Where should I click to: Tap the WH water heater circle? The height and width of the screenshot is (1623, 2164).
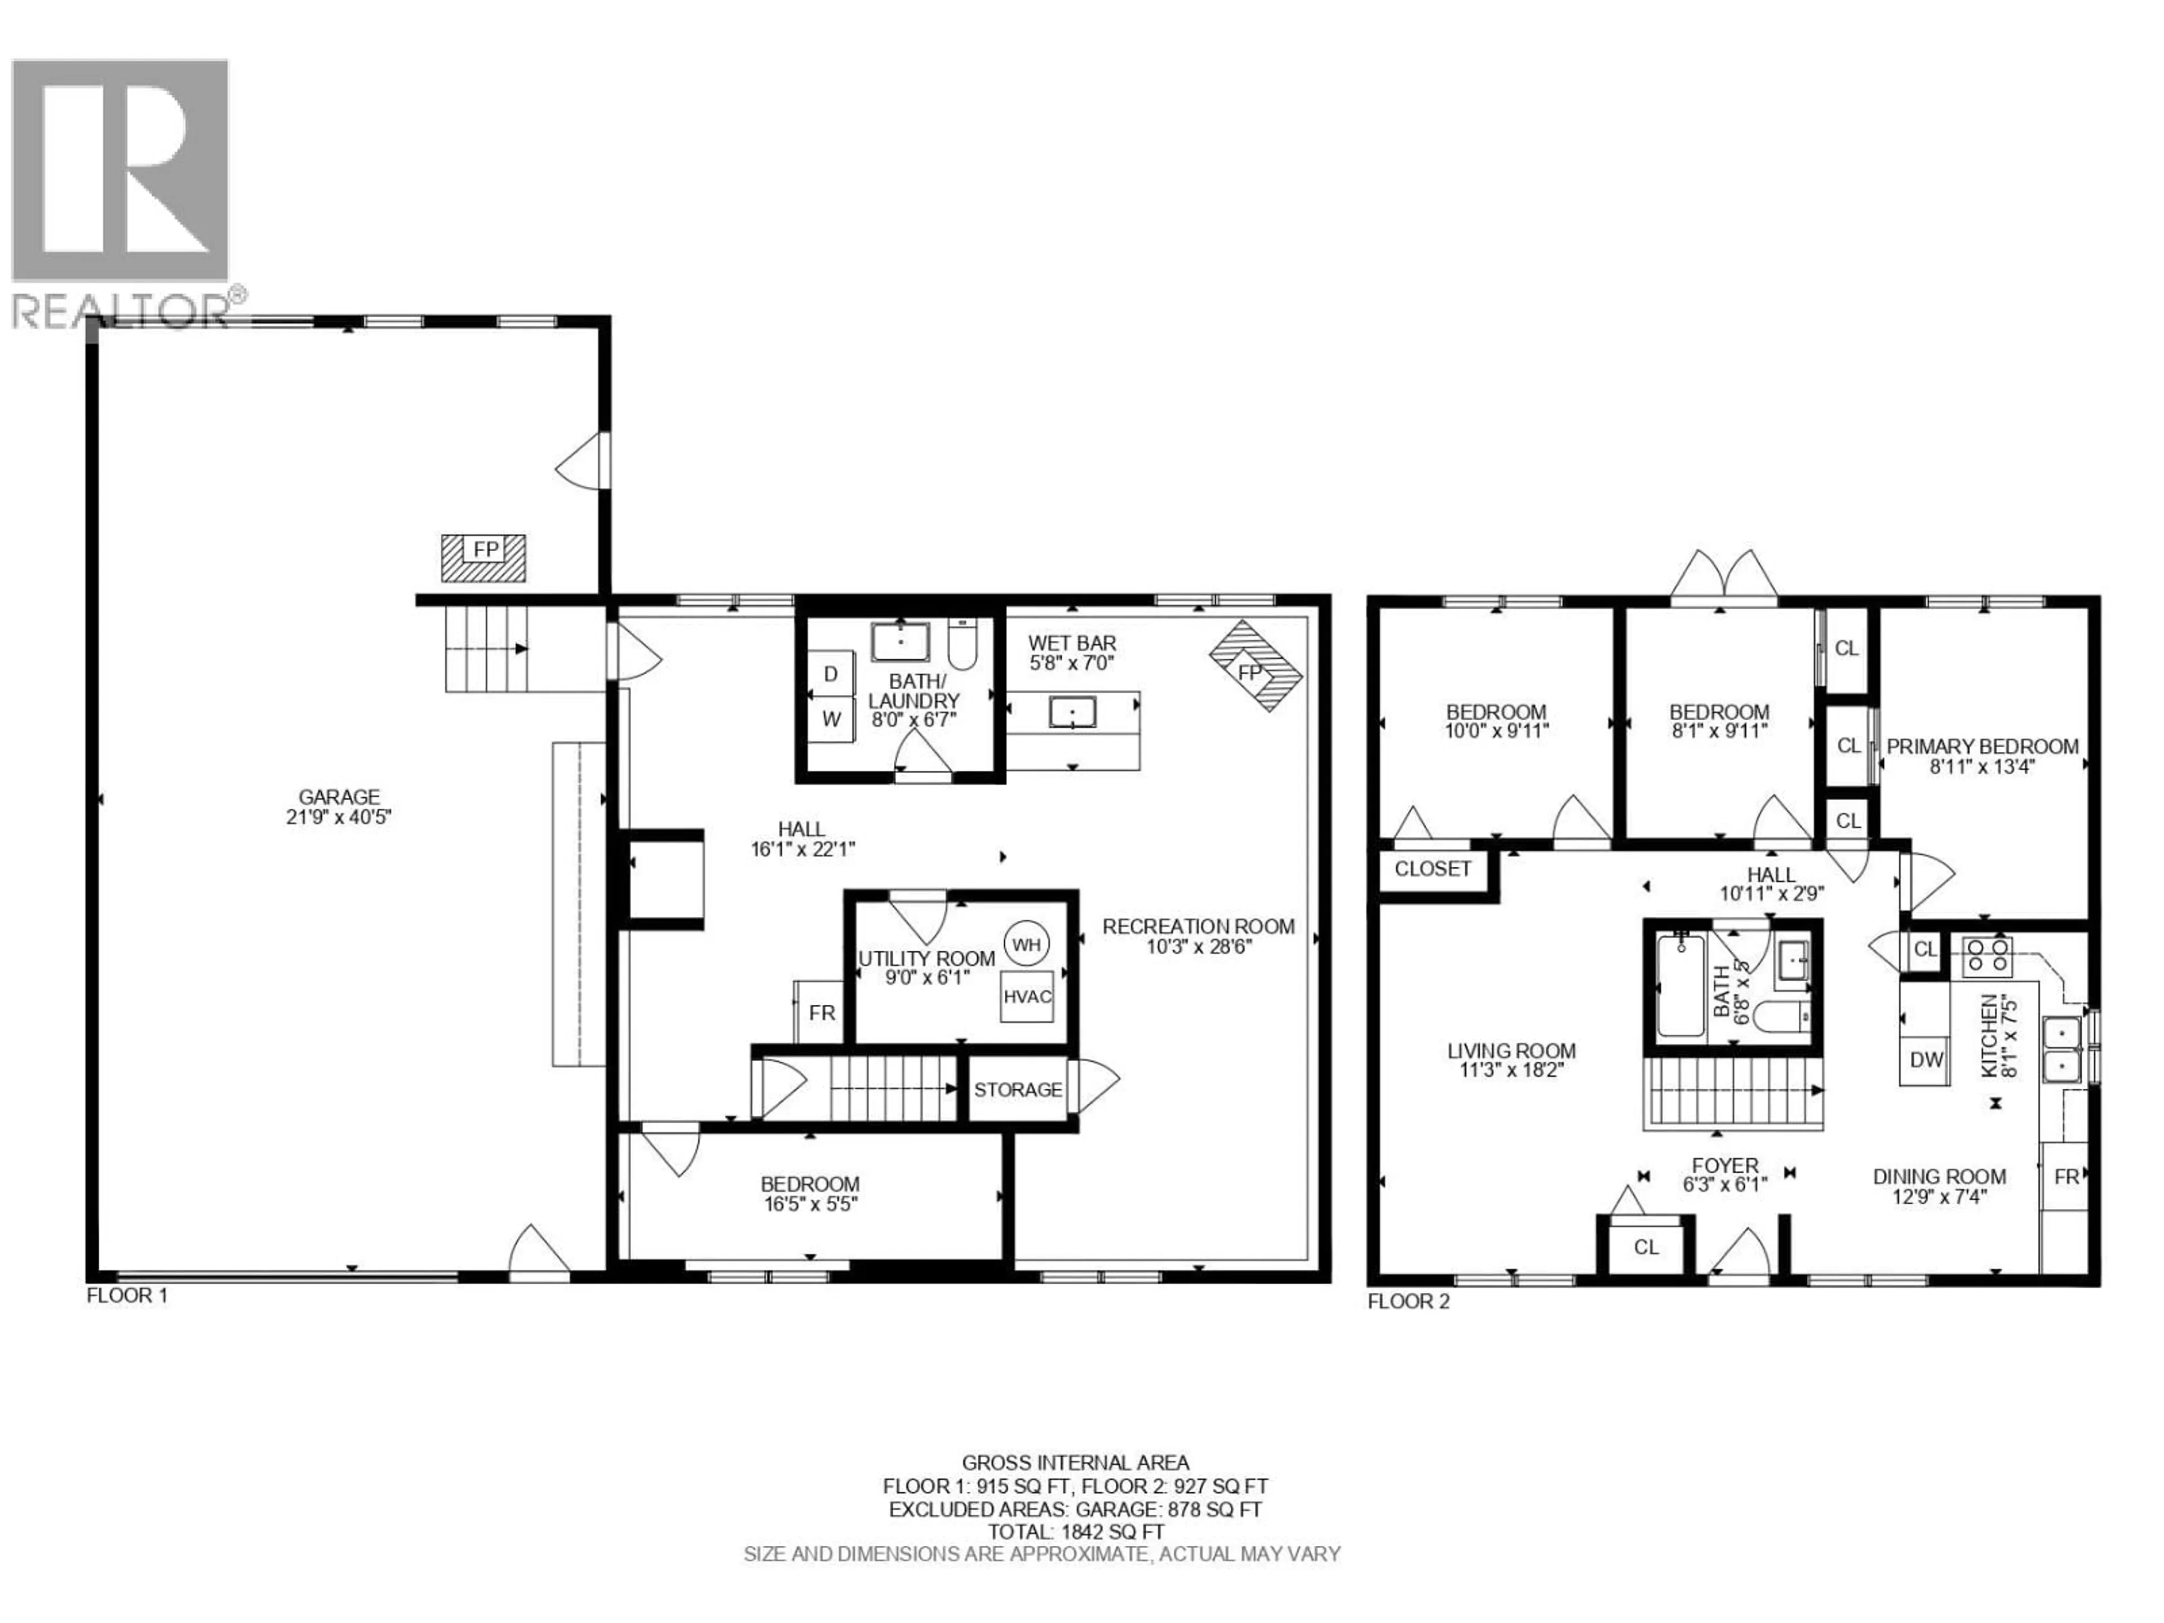point(1026,944)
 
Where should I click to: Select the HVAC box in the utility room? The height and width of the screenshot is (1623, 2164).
point(1026,996)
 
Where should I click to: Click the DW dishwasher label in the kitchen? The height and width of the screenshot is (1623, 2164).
point(1926,1059)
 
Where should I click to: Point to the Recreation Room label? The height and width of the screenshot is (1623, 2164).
point(1199,926)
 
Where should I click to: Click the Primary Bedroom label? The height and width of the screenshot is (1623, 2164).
point(1982,747)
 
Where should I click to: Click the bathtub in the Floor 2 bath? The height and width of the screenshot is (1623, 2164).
point(1680,985)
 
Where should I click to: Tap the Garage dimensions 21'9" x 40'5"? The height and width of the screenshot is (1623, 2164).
point(339,817)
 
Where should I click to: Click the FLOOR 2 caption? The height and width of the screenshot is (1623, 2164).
point(1408,1301)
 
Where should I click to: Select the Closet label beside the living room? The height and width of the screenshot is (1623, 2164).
point(1432,869)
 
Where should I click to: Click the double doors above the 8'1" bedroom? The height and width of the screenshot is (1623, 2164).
point(1723,577)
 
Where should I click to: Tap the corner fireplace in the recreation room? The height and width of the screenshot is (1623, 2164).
point(1255,666)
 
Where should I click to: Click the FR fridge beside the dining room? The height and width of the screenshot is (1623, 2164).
point(2066,1177)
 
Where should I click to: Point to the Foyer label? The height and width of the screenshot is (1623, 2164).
point(1725,1165)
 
